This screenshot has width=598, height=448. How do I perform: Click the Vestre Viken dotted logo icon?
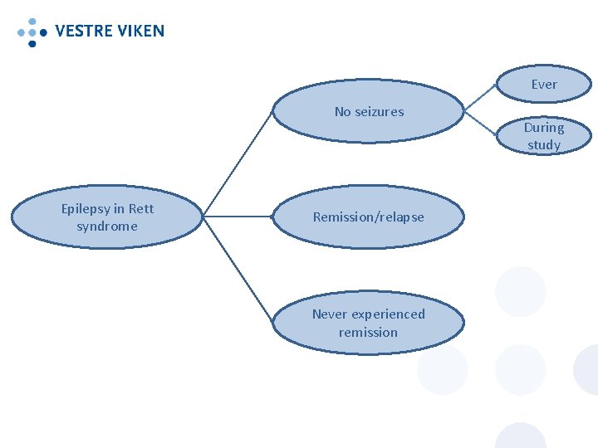click(x=32, y=31)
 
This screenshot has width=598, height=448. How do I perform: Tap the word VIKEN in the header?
click(x=140, y=32)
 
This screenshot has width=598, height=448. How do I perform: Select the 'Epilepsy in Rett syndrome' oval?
click(x=107, y=217)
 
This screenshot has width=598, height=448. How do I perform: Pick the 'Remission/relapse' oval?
click(x=368, y=217)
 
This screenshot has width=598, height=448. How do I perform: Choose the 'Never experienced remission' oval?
click(x=368, y=324)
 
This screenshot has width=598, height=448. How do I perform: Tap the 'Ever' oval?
click(x=544, y=85)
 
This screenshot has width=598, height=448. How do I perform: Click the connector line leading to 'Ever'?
click(x=480, y=96)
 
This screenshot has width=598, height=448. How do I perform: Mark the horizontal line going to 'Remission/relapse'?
click(x=238, y=217)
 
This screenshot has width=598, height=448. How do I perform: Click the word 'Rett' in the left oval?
click(x=140, y=209)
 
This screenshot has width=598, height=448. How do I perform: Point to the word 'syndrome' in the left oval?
click(x=107, y=226)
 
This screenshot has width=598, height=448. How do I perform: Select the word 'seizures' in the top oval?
click(x=380, y=112)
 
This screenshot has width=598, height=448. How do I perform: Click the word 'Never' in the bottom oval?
click(x=330, y=314)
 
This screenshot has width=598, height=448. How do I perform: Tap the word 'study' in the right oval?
click(x=544, y=145)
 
